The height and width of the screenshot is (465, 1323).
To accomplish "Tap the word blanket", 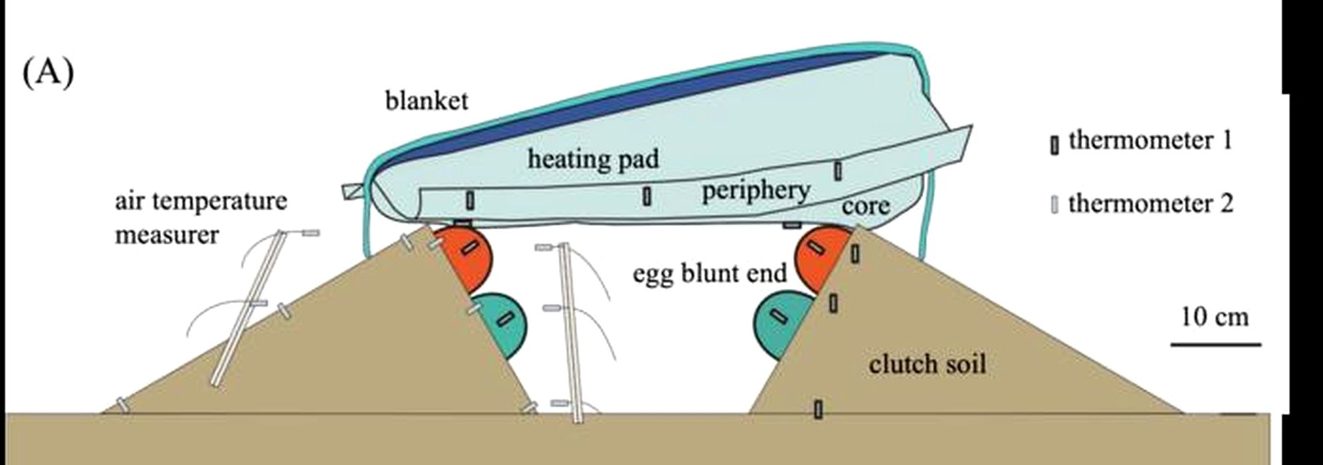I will click(x=427, y=100).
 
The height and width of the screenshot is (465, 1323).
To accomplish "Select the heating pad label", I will click(x=593, y=159).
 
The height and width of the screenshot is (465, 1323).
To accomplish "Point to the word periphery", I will click(x=756, y=191).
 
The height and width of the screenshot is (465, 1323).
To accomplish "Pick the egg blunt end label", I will click(x=709, y=272).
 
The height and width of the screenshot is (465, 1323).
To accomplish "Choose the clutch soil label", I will click(x=927, y=363).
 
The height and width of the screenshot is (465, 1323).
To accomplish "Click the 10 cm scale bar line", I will click(x=1215, y=345).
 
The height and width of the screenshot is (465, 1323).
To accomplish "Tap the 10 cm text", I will click(x=1215, y=317).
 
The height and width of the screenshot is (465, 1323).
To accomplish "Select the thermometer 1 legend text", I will click(x=1150, y=141).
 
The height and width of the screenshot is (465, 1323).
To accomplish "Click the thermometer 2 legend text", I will click(x=1150, y=203).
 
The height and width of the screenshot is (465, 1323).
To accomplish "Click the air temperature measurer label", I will click(x=200, y=217).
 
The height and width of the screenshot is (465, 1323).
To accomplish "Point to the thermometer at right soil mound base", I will click(x=818, y=409).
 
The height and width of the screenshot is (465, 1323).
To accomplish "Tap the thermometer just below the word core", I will click(x=855, y=253).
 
